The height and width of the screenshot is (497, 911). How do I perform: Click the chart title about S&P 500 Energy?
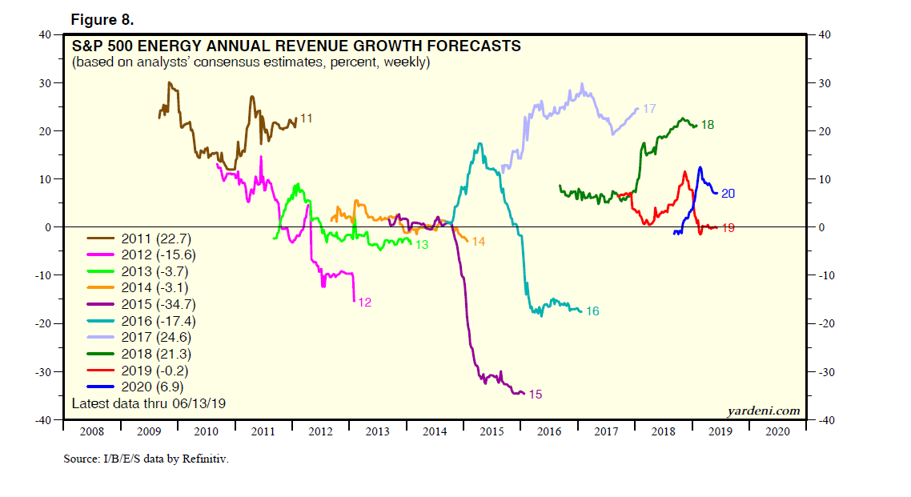(x=296, y=46)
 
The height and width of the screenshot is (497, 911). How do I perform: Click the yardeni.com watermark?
(x=763, y=411)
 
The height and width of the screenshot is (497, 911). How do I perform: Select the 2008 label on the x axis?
(x=91, y=431)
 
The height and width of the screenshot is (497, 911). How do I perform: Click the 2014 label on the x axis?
(x=435, y=431)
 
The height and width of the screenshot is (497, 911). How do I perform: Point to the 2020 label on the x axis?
(x=777, y=431)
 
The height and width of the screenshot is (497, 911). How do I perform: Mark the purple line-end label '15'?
(x=536, y=395)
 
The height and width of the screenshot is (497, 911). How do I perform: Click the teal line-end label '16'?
(x=592, y=311)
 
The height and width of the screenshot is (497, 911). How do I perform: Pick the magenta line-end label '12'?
(x=364, y=303)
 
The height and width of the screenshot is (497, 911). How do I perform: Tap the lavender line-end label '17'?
(x=649, y=108)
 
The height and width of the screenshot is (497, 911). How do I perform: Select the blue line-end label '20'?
(x=728, y=193)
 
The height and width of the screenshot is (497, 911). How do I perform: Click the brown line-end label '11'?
(x=305, y=118)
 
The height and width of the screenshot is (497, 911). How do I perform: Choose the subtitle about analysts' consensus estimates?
(x=251, y=62)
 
